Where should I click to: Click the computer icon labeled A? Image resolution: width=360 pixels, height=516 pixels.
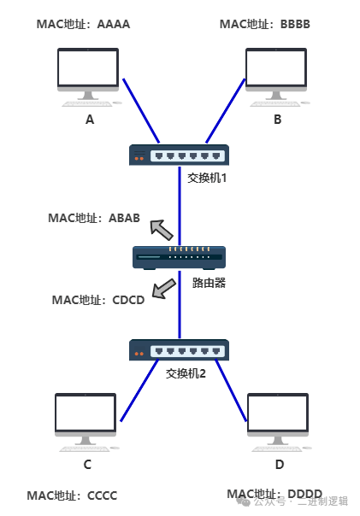(x=88, y=78)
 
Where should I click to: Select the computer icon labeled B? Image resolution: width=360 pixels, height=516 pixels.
(x=277, y=78)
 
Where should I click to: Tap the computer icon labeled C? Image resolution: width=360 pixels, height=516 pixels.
(x=86, y=423)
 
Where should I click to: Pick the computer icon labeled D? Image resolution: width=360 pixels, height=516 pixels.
(x=278, y=423)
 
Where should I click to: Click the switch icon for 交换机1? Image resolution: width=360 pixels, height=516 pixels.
(x=179, y=155)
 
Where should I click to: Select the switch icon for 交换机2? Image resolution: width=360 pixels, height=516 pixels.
(x=179, y=349)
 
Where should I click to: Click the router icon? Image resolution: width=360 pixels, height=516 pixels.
(x=179, y=258)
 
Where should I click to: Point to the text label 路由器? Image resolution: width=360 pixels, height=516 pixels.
(x=209, y=283)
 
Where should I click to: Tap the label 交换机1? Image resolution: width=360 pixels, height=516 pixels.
(x=207, y=178)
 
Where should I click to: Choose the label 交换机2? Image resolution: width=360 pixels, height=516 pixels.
(x=186, y=373)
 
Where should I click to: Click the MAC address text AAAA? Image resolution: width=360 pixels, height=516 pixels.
(x=114, y=25)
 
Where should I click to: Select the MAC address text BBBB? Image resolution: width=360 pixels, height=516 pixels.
(x=295, y=25)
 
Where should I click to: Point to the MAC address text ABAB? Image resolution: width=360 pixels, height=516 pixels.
(x=124, y=218)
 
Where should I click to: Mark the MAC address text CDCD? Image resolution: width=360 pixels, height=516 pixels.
(x=128, y=300)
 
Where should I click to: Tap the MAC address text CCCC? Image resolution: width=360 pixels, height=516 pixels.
(x=102, y=495)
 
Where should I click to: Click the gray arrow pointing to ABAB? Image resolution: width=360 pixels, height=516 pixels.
(x=161, y=229)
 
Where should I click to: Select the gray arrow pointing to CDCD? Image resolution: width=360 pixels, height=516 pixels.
(x=163, y=289)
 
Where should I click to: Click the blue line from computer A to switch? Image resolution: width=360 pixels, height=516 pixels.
(x=141, y=111)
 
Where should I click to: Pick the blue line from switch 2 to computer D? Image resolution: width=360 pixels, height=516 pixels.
(x=231, y=390)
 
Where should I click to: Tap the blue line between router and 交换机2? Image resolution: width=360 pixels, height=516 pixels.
(x=180, y=305)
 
